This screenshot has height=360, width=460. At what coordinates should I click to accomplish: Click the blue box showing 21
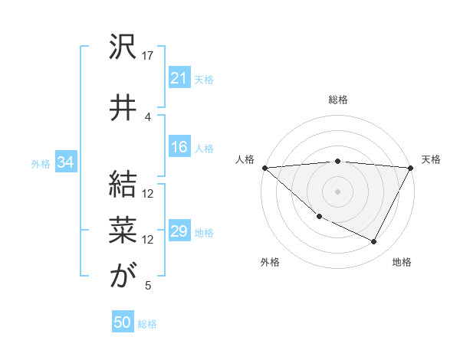(179, 78)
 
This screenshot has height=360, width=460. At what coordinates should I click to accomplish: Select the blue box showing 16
(179, 148)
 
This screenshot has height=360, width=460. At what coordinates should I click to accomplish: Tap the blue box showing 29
(179, 232)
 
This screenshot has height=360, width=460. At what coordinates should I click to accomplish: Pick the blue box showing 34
(65, 162)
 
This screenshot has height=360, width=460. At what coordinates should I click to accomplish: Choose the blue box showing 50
(123, 323)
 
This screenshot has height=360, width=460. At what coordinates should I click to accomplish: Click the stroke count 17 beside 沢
(148, 56)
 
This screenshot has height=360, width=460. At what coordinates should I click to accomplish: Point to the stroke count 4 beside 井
(148, 116)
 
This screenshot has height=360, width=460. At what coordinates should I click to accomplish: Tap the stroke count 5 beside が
(148, 286)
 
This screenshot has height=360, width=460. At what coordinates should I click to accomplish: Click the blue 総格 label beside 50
(147, 324)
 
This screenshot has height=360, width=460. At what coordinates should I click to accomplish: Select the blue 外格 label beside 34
(41, 163)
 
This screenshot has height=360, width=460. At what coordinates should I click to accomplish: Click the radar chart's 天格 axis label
(431, 159)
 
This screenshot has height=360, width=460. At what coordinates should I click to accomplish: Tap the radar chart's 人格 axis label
(245, 159)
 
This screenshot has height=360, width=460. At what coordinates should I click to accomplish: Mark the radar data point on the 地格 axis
(374, 242)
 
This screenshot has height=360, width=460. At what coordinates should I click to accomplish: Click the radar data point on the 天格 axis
(411, 168)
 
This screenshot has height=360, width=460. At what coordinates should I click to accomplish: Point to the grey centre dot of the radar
(337, 191)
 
